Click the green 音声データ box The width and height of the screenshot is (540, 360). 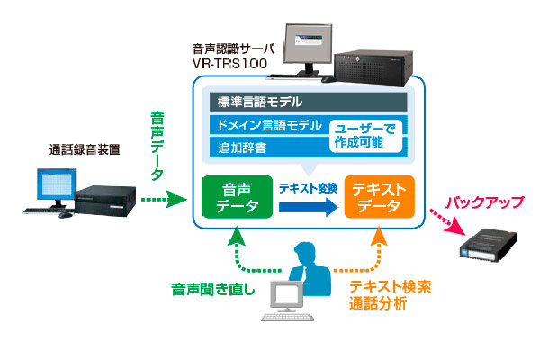pyautogui.click(x=237, y=197)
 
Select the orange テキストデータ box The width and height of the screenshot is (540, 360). pyautogui.click(x=379, y=197)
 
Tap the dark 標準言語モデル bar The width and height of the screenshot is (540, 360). pyautogui.click(x=308, y=102)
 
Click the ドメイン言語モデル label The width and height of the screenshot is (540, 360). pyautogui.click(x=269, y=125)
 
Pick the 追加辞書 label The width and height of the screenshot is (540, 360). pyautogui.click(x=242, y=148)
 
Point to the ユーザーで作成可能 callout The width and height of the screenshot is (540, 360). pyautogui.click(x=365, y=136)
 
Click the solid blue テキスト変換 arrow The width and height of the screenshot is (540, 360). pyautogui.click(x=309, y=207)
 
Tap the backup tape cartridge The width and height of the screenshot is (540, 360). pyautogui.click(x=488, y=246)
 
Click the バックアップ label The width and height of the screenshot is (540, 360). pyautogui.click(x=485, y=202)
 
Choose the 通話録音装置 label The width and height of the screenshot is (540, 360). pyautogui.click(x=85, y=149)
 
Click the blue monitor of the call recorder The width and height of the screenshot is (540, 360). pyautogui.click(x=57, y=184)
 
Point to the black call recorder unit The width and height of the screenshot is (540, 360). pyautogui.click(x=105, y=201)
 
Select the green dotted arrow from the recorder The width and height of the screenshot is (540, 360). pyautogui.click(x=164, y=200)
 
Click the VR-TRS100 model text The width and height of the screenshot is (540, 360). pyautogui.click(x=230, y=64)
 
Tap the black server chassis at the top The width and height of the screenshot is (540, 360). pyautogui.click(x=373, y=67)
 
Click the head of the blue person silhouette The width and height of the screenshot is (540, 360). pyautogui.click(x=305, y=253)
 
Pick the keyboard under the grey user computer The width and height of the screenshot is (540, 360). pyautogui.click(x=288, y=317)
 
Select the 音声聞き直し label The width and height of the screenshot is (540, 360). pyautogui.click(x=213, y=289)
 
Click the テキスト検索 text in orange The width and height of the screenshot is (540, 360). pyautogui.click(x=391, y=286)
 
